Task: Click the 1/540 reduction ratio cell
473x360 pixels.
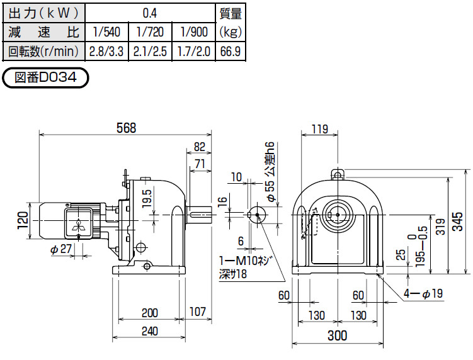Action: click(106, 31)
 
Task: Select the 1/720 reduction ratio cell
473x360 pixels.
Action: click(150, 31)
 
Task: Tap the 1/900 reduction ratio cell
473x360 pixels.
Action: click(193, 31)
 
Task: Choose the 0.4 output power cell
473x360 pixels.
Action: click(150, 12)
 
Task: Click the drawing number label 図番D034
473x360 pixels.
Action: click(45, 78)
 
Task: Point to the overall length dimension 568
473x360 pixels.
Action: click(126, 127)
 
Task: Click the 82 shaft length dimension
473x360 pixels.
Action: click(200, 147)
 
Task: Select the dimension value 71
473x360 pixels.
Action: click(201, 164)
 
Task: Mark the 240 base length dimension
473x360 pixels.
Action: click(149, 331)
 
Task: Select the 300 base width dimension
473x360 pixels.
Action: click(338, 337)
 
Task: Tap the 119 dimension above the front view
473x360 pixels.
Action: click(320, 130)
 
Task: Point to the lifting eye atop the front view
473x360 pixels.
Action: click(338, 173)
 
